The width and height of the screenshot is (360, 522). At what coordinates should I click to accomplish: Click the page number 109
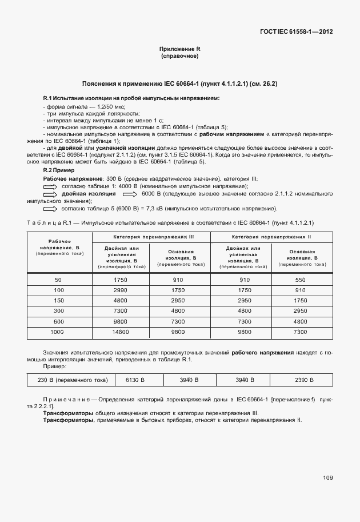pyautogui.click(x=327, y=477)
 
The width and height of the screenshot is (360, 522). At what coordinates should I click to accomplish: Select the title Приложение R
pyautogui.click(x=180, y=50)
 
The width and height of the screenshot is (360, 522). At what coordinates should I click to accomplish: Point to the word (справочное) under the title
pyautogui.click(x=180, y=57)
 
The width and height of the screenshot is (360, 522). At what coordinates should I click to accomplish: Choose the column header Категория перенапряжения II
pyautogui.click(x=271, y=237)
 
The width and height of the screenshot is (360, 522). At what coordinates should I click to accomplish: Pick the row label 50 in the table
pyautogui.click(x=58, y=280)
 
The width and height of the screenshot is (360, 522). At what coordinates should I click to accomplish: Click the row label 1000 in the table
pyautogui.click(x=58, y=332)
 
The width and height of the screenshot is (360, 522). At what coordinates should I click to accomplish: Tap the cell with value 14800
pyautogui.click(x=121, y=332)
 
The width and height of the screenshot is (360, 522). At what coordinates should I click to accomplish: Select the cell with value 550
pyautogui.click(x=301, y=280)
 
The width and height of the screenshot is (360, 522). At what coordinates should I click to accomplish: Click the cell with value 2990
pyautogui.click(x=121, y=290)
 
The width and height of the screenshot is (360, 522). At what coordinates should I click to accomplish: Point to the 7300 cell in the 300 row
pyautogui.click(x=121, y=310)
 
